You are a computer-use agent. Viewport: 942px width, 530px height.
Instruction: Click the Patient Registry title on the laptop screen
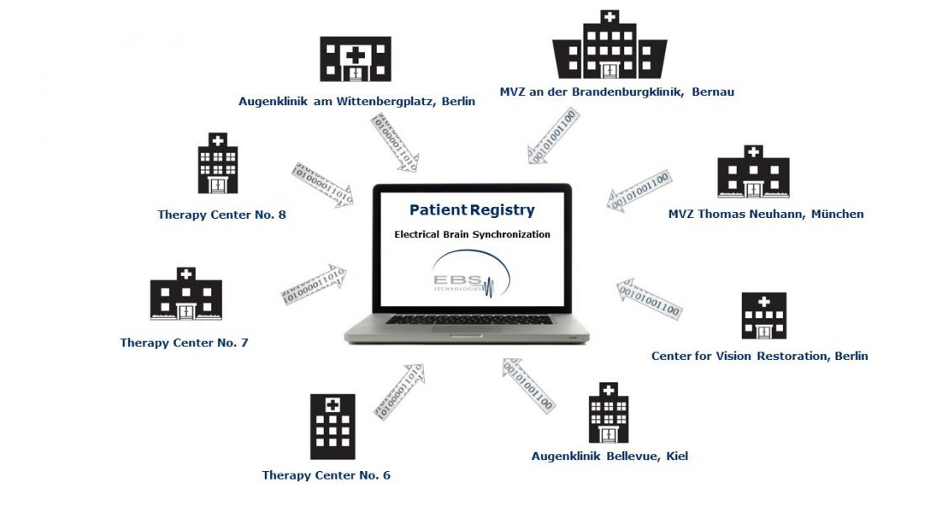pyautogui.click(x=472, y=210)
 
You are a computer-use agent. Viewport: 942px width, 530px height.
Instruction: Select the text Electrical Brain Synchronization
pyautogui.click(x=472, y=235)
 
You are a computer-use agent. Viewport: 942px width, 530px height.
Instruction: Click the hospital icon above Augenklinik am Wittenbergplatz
pyautogui.click(x=356, y=60)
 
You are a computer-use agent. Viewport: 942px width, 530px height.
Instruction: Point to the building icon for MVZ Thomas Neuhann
pyautogui.click(x=753, y=172)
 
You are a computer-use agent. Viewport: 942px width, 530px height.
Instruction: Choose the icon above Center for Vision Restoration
pyautogui.click(x=764, y=315)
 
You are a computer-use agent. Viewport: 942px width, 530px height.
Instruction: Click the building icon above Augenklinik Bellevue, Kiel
pyautogui.click(x=608, y=413)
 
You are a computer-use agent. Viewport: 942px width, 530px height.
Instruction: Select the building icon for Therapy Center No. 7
pyautogui.click(x=186, y=294)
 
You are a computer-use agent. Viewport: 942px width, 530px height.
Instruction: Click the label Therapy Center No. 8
pyautogui.click(x=221, y=215)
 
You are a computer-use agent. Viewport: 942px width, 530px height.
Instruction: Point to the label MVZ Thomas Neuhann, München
pyautogui.click(x=765, y=214)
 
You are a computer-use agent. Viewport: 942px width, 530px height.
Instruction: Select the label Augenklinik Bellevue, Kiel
pyautogui.click(x=609, y=456)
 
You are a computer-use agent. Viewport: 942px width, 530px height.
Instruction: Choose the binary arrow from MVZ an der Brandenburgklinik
pyautogui.click(x=553, y=136)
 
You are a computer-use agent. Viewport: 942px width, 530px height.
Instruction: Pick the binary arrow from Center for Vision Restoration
pyautogui.click(x=648, y=299)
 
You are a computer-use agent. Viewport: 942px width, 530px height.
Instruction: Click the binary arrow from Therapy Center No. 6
pyautogui.click(x=399, y=391)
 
